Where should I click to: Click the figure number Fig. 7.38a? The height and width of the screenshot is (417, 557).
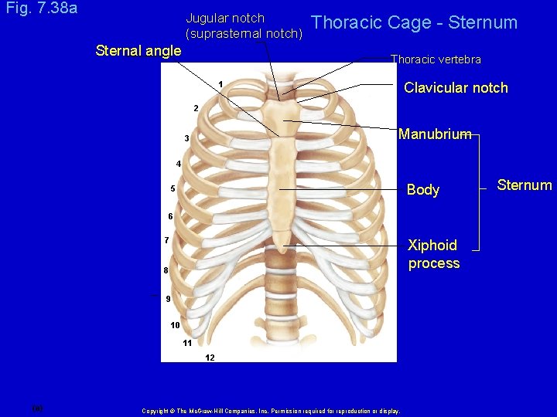(41, 9)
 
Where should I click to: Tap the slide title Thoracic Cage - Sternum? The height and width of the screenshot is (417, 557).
(414, 22)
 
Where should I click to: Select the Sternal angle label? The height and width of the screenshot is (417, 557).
(138, 51)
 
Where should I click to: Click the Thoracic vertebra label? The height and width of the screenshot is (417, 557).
(436, 59)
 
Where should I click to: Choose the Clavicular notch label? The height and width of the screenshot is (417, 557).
(456, 88)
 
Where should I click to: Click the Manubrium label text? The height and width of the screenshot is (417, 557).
(434, 134)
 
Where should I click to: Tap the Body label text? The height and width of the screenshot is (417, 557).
(422, 190)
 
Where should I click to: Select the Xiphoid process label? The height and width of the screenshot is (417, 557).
(433, 254)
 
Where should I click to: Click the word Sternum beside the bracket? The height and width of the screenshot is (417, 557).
(525, 185)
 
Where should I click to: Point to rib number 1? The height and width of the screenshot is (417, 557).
(220, 83)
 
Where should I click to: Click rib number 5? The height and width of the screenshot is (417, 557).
(173, 189)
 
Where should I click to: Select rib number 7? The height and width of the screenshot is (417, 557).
(166, 240)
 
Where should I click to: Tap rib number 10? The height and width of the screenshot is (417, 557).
(175, 325)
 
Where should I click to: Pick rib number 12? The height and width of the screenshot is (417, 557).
(210, 358)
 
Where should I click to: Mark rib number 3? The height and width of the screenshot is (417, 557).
(186, 138)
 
